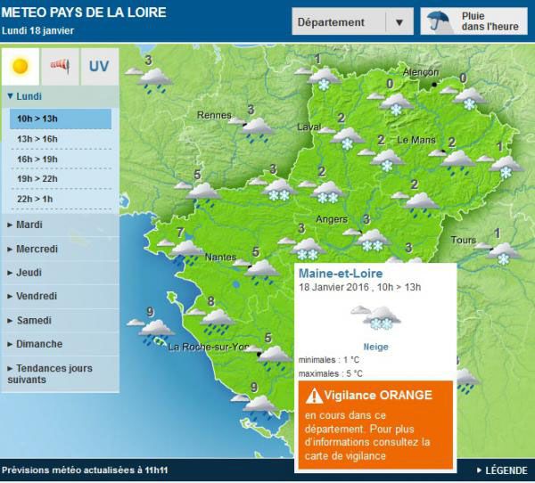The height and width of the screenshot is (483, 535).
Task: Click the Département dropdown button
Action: pyautogui.click(x=352, y=22)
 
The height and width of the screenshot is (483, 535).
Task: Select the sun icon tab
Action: pyautogui.click(x=21, y=65)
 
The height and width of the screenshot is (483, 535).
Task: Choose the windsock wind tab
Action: pyautogui.click(x=60, y=65)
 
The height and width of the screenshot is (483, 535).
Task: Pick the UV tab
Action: pyautogui.click(x=98, y=65)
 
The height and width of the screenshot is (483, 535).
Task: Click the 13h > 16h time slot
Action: pyautogui.click(x=38, y=139)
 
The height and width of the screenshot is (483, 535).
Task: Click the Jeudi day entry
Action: pyautogui.click(x=29, y=273)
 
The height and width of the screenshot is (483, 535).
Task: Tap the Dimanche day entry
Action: pyautogui.click(x=38, y=344)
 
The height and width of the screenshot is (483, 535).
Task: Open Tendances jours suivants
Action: pyautogui.click(x=49, y=373)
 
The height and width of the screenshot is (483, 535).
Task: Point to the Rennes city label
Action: pyautogui.click(x=213, y=115)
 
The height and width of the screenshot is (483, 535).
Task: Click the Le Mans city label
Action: pyautogui.click(x=415, y=140)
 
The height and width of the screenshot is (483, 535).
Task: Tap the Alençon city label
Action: pyautogui.click(x=421, y=72)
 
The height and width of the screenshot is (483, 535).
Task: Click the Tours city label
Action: pyautogui.click(x=463, y=241)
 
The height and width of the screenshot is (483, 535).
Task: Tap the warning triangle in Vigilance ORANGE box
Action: pyautogui.click(x=314, y=396)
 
